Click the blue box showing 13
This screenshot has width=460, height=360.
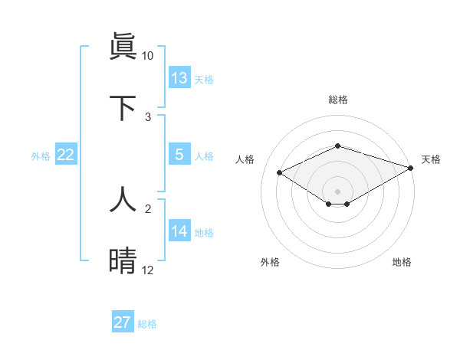pos(179,78)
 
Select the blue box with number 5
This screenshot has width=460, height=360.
pos(179,155)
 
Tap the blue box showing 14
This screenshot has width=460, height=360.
pos(179,231)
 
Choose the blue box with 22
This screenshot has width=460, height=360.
pos(66,155)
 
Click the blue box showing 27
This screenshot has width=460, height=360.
pos(123,322)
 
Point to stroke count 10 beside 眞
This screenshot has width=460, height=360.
pos(148,56)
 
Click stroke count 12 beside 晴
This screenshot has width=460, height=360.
pos(148,270)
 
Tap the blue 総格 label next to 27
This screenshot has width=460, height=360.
pos(147,324)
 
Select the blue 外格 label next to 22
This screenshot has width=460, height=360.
pos(41,156)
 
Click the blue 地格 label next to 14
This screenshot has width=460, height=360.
pos(204,233)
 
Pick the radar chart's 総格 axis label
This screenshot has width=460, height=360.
pos(338,100)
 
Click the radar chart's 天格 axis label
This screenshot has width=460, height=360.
pos(431,159)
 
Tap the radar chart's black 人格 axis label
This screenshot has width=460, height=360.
pos(245,159)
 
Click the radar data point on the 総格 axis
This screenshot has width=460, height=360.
pos(338,146)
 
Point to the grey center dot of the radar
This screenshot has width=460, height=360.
pos(338,191)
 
